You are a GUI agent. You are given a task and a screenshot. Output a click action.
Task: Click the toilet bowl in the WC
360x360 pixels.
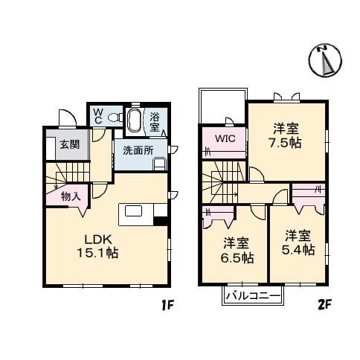click(114, 118)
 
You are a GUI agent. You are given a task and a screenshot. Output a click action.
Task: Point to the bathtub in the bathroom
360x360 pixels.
click(135, 118)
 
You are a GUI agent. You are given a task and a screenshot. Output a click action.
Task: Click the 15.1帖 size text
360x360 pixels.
click(98, 253)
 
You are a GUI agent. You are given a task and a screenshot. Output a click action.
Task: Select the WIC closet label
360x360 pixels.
click(226, 139)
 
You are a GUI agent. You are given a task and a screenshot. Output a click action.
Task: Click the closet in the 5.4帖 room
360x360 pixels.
click(306, 196)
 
